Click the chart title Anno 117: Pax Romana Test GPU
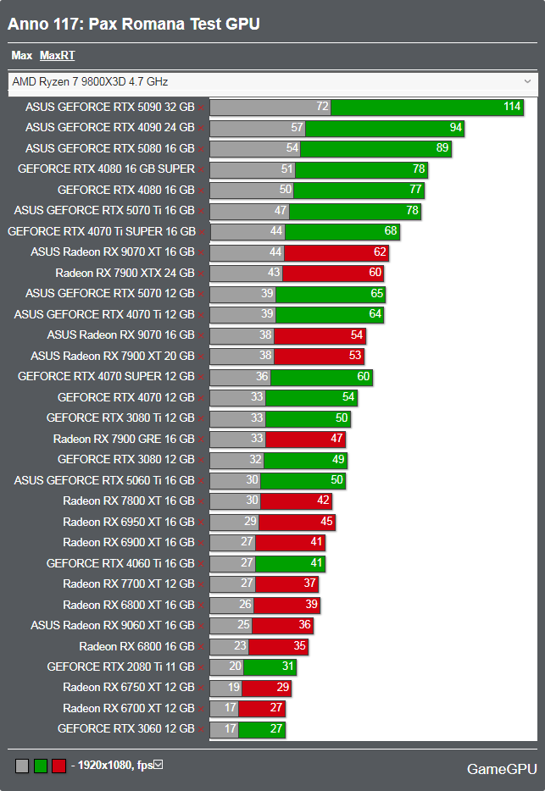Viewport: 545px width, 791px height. [134, 24]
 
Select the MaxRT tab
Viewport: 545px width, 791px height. [57, 56]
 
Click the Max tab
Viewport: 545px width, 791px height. [21, 56]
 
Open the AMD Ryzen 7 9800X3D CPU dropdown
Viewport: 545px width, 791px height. [272, 82]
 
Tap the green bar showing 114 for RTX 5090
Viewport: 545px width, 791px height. [427, 107]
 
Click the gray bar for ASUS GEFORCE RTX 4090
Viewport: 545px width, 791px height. [257, 128]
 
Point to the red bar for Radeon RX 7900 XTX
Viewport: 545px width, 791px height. [332, 273]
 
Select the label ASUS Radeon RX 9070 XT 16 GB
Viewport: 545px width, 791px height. [112, 252]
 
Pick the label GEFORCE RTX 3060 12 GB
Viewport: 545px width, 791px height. [125, 728]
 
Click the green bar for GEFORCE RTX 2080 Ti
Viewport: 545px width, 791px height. [270, 667]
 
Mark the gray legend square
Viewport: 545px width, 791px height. [22, 766]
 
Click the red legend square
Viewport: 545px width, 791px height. [58, 766]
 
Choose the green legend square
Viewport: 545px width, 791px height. [40, 766]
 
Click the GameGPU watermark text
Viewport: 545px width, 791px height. [502, 769]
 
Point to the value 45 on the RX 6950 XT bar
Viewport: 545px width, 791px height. [326, 522]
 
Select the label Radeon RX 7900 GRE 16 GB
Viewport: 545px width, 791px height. [123, 439]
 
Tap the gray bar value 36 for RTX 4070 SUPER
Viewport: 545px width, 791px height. [262, 377]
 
